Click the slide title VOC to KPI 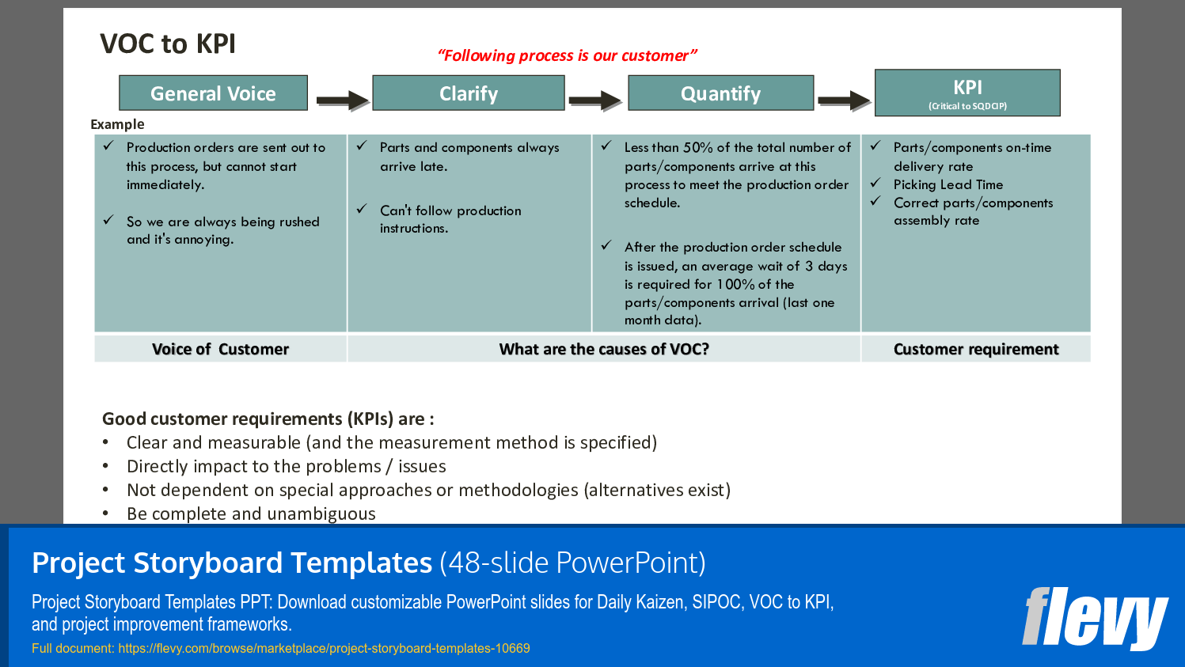(168, 44)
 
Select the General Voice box (213, 93)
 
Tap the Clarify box (469, 93)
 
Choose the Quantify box (720, 93)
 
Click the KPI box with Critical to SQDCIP (967, 93)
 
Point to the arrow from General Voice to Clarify (342, 100)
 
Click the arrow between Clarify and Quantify (595, 100)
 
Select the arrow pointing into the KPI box (844, 100)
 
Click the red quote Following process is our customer (567, 55)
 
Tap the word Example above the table (117, 124)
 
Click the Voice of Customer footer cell (220, 349)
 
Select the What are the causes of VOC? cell (604, 349)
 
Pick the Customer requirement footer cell (975, 349)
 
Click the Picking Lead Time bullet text (948, 184)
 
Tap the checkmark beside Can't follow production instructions (362, 209)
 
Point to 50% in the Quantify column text (697, 148)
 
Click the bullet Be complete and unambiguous (251, 514)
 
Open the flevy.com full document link (324, 648)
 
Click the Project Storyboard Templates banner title (232, 563)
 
